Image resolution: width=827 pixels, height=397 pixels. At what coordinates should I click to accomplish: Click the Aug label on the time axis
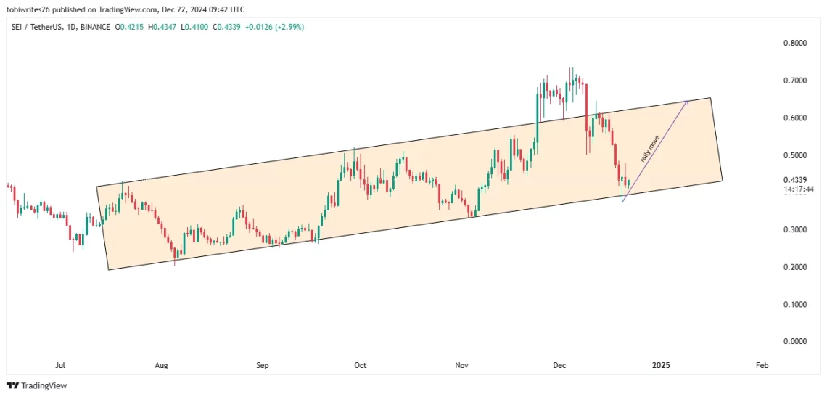[161, 365]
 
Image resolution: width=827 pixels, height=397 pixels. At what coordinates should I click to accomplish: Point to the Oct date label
[360, 365]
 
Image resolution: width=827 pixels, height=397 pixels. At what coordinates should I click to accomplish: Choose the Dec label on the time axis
[559, 365]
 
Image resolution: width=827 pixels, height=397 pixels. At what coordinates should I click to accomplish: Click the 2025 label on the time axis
[660, 365]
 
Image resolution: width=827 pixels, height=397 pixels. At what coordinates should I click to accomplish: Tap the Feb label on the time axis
[761, 365]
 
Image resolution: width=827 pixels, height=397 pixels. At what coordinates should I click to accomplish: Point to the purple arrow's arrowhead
[686, 103]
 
